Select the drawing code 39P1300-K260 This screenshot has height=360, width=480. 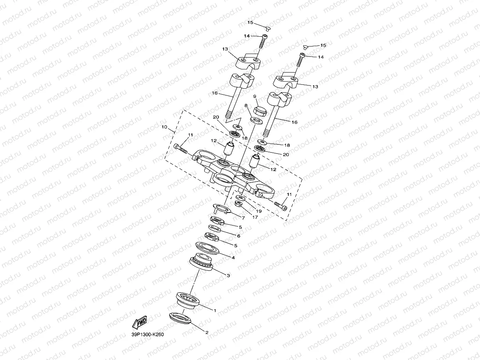coord(148,334)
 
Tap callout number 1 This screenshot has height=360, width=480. coord(215,311)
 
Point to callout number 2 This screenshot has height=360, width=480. coord(207,332)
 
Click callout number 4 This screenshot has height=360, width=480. coord(233,258)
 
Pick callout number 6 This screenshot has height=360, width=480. coord(239,236)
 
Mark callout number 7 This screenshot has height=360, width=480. coord(243,218)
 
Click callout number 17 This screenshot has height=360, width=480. coord(249,217)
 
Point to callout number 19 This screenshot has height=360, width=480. coord(259,211)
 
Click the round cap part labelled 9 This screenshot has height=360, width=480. coord(259,110)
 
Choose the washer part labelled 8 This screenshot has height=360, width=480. coord(257,119)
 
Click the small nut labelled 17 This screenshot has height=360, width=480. coord(238,204)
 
